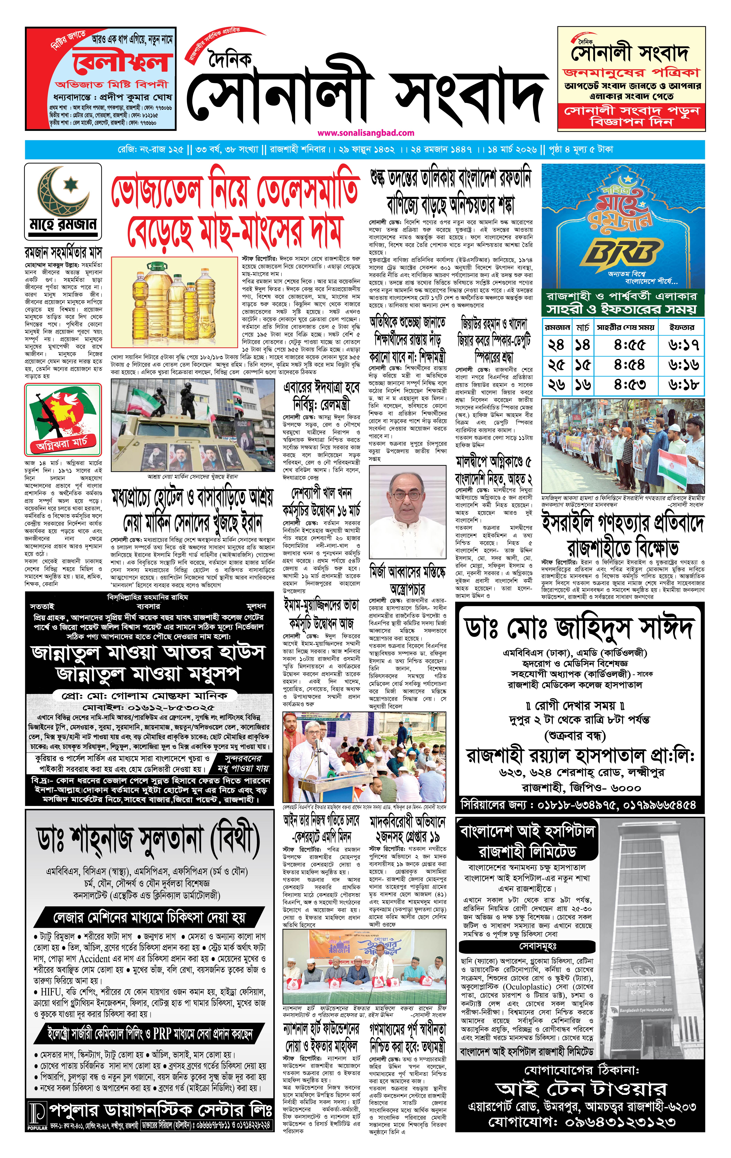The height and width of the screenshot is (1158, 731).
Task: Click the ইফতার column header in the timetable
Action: pyautogui.click(x=682, y=327)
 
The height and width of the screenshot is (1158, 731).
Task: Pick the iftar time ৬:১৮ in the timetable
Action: pyautogui.click(x=683, y=385)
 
